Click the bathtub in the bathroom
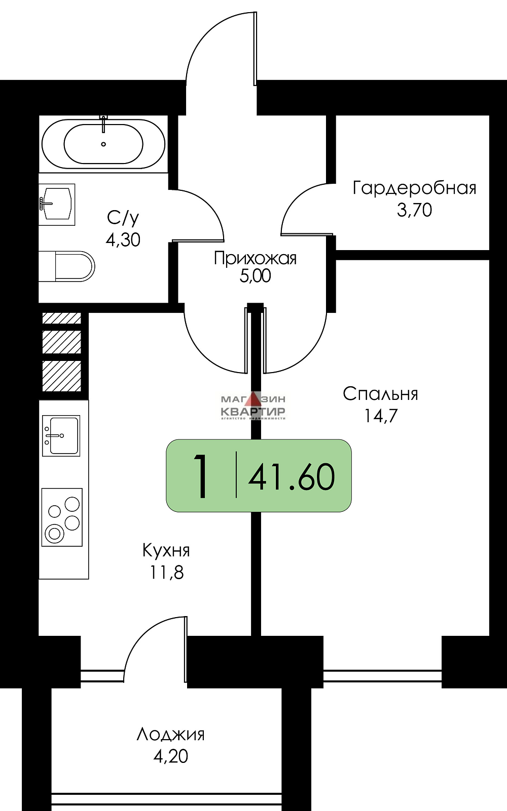tap(103, 144)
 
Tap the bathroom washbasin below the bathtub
tap(57, 204)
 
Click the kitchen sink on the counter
tap(61, 435)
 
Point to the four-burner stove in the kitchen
tap(62, 517)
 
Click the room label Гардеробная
tap(414, 188)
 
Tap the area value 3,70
tap(414, 210)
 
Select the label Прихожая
tap(255, 258)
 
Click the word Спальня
tap(380, 393)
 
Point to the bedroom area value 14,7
tap(380, 416)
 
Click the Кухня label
tap(166, 550)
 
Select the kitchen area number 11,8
tap(166, 572)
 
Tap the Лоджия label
tap(170, 734)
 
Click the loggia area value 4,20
tap(170, 756)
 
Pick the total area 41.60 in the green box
tap(292, 477)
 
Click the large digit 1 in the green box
tap(202, 476)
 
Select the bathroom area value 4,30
tap(123, 239)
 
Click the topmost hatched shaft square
tap(62, 318)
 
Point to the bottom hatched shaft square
tap(62, 376)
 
